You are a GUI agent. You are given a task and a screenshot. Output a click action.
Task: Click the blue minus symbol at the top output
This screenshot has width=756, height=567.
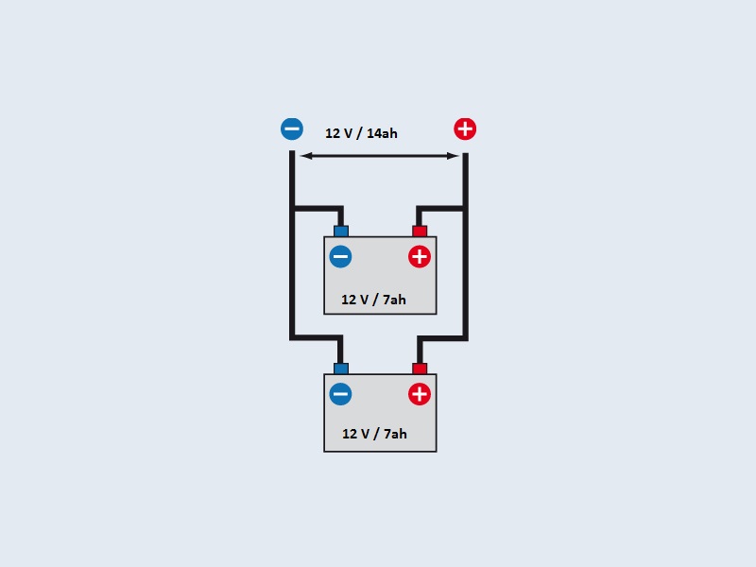click(292, 129)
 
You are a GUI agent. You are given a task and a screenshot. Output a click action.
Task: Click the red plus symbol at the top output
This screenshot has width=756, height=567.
click(465, 129)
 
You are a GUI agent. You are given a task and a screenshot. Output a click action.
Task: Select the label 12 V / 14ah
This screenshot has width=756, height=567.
click(361, 133)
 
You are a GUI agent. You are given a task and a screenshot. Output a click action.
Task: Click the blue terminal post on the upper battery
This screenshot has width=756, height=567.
click(341, 231)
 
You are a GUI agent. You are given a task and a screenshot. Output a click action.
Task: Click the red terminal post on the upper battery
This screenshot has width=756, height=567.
click(420, 231)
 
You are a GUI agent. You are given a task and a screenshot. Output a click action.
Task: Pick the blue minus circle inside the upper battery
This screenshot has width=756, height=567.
click(340, 256)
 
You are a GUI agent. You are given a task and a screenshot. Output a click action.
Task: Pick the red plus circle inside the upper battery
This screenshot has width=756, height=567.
click(420, 256)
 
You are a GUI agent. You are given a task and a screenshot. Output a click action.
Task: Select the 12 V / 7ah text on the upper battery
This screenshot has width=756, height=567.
click(374, 300)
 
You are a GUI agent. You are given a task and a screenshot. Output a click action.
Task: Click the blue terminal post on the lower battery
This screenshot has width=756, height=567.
click(341, 368)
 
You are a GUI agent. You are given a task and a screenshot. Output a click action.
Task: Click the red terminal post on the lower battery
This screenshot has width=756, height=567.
click(420, 368)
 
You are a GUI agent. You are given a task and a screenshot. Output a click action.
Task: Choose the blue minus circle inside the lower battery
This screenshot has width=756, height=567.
click(340, 394)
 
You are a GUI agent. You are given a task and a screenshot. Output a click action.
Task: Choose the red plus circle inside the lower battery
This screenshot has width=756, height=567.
click(420, 394)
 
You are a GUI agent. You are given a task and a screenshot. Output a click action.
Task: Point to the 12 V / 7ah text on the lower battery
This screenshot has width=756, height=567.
click(374, 434)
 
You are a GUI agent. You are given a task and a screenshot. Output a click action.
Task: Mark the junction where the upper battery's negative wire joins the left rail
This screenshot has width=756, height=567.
click(292, 208)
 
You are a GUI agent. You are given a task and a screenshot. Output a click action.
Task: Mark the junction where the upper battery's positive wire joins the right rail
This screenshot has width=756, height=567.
click(465, 208)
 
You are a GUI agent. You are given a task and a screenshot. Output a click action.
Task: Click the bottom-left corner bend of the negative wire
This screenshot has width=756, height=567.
click(292, 337)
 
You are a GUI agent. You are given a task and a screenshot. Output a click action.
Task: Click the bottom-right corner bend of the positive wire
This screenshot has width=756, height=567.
click(465, 337)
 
